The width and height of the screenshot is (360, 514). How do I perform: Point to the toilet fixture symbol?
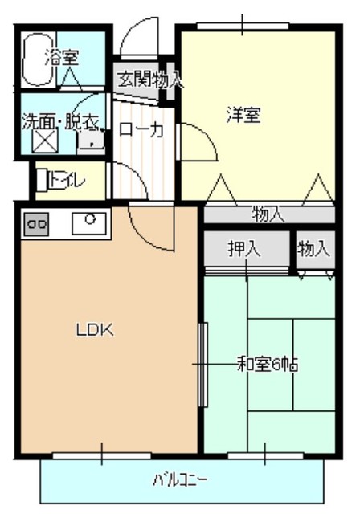point(51,179)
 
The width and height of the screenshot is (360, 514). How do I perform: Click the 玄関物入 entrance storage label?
point(149,80)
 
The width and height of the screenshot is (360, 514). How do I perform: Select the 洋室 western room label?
point(242,115)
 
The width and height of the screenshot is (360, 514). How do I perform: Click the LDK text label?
point(96,329)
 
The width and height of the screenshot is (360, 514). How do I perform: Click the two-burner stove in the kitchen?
point(37,224)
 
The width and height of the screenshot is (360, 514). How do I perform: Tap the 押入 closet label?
point(244,250)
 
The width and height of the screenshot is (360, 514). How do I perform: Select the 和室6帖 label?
point(268,364)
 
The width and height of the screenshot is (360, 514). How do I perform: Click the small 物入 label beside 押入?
point(313,249)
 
